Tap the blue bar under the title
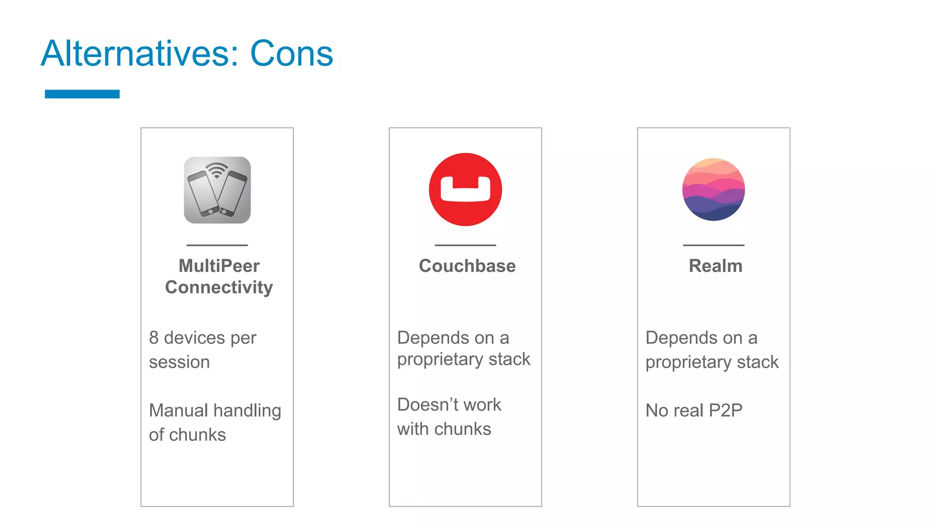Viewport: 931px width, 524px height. tap(82, 94)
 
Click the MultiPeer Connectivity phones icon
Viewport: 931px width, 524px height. tap(217, 190)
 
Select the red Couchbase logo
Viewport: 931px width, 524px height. tap(465, 190)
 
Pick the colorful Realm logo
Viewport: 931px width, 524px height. tap(713, 189)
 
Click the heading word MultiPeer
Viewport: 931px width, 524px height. tap(219, 266)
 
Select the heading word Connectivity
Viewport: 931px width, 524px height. tap(219, 287)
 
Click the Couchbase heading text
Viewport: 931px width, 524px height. tap(467, 266)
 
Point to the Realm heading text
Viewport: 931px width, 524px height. tap(716, 266)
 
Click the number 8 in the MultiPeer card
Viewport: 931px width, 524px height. tap(154, 338)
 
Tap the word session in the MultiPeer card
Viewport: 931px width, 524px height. tap(179, 363)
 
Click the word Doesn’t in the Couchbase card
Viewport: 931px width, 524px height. tap(426, 405)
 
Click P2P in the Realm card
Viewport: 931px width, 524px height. tap(726, 411)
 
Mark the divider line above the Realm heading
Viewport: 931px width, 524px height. tap(713, 245)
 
